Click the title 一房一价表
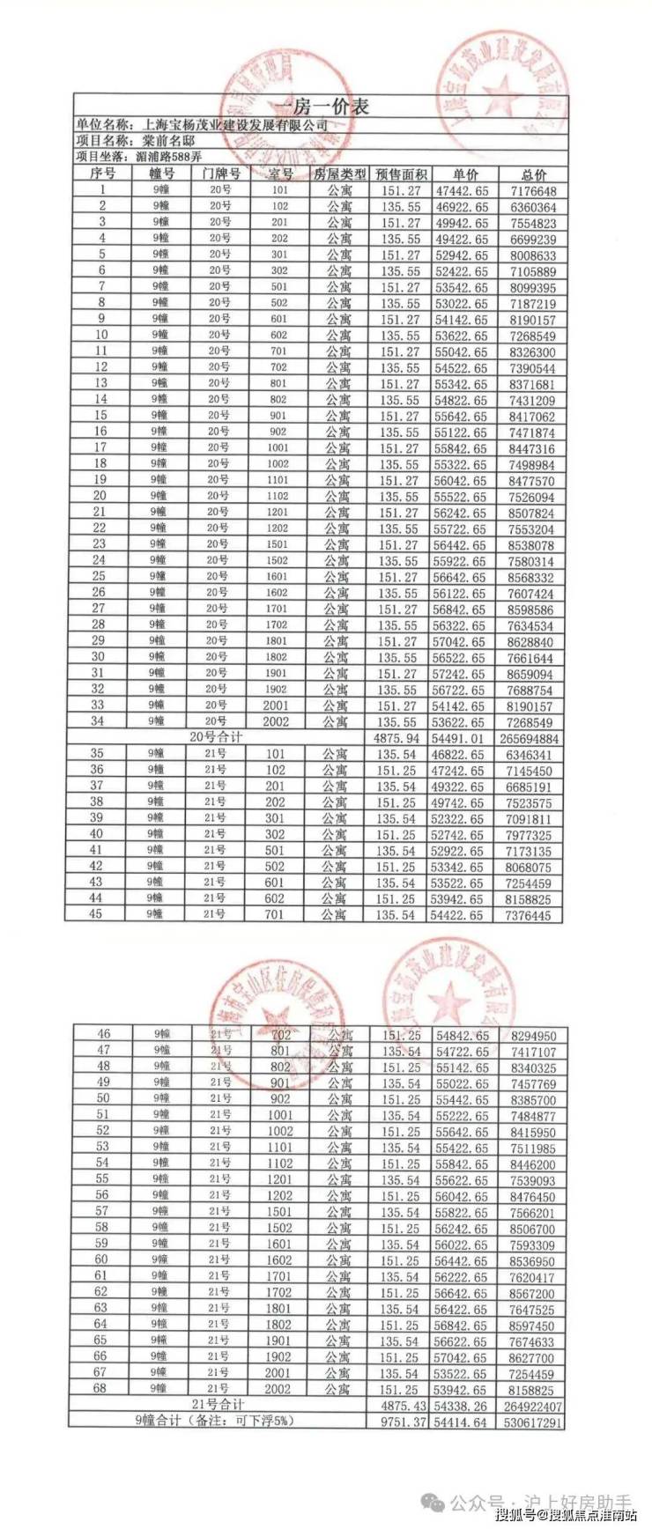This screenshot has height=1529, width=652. click(320, 107)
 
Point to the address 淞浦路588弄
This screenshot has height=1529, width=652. click(170, 157)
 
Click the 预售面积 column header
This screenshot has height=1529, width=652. click(401, 174)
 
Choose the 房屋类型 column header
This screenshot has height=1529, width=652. click(339, 174)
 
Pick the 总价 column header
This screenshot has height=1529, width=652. click(533, 174)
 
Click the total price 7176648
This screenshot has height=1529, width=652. click(532, 191)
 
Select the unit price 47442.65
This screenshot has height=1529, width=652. click(460, 190)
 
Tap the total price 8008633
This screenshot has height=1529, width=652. click(532, 255)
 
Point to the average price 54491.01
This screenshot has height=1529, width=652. click(460, 739)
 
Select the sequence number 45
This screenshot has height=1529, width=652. click(97, 914)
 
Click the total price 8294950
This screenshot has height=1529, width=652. click(533, 1036)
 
